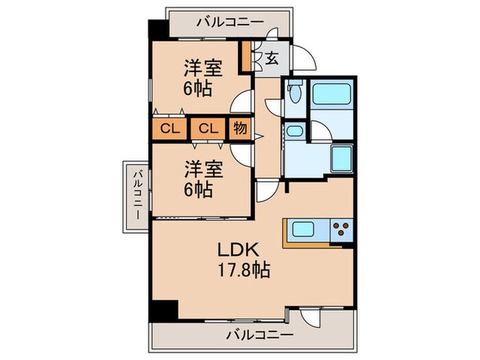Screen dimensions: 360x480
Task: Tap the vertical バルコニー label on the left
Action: point(138,195)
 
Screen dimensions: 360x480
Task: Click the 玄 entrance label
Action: point(272,58)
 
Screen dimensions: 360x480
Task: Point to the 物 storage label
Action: point(240,128)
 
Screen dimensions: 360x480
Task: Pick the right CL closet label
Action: point(208,128)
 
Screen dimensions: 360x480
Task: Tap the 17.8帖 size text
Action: point(244,269)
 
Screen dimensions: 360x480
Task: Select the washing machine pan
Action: point(341,160)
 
